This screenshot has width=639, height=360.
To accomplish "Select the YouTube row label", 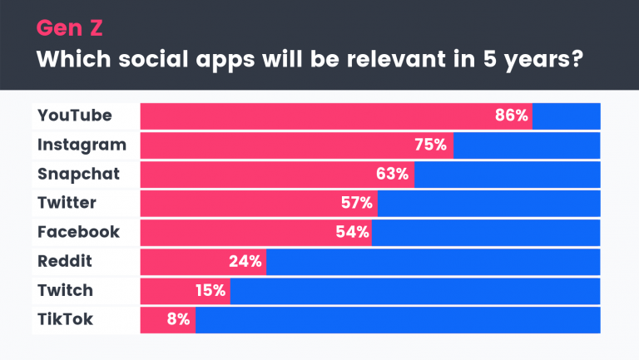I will [x=75, y=116].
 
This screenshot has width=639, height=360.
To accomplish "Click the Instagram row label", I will [x=82, y=145].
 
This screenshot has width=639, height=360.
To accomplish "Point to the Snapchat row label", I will [x=79, y=174].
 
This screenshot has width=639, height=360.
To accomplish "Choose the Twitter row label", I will [x=67, y=203].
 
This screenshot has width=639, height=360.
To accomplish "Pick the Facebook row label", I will [x=78, y=232].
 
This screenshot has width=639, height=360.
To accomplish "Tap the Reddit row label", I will [x=65, y=261].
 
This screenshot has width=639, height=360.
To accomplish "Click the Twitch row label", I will [x=65, y=290].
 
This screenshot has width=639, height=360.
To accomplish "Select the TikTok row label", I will [x=64, y=319].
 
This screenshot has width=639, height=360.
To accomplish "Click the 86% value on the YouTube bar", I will [x=512, y=116].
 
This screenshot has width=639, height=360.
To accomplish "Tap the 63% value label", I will [x=391, y=174].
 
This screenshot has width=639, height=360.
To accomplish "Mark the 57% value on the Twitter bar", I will [x=355, y=203].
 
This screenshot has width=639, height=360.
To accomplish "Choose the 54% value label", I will [x=352, y=232].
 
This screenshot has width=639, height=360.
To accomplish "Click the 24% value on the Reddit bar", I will [x=245, y=261].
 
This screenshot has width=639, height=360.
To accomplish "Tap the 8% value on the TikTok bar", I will [x=178, y=319].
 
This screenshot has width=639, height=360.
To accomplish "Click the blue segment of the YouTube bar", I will [x=566, y=116].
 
